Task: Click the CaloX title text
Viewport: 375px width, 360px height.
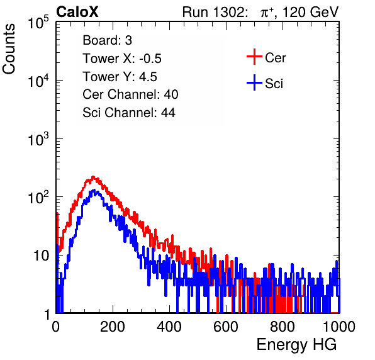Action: tap(77, 12)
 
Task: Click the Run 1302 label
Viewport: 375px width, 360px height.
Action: tap(215, 12)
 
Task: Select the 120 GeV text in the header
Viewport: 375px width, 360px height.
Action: tap(310, 12)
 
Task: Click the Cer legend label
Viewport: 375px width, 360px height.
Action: tap(275, 58)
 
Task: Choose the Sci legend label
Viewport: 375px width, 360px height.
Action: tap(274, 84)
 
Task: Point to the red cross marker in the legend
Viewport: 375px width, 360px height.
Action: tap(254, 57)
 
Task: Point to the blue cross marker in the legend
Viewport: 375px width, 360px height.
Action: tap(254, 82)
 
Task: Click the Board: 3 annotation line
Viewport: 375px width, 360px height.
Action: tap(107, 40)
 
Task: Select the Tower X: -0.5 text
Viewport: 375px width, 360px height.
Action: tap(122, 59)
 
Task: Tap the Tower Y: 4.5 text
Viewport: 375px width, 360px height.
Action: tap(120, 77)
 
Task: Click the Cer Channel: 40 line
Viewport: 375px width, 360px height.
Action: tap(130, 94)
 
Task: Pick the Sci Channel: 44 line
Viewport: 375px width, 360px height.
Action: tap(129, 113)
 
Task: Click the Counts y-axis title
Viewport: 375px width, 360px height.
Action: tap(9, 49)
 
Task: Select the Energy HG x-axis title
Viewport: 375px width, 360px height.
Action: tap(296, 345)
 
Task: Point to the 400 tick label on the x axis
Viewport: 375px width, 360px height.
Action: tap(169, 327)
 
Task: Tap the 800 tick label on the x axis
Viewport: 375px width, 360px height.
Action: tap(283, 327)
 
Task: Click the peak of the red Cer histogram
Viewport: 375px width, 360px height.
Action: tap(93, 177)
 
